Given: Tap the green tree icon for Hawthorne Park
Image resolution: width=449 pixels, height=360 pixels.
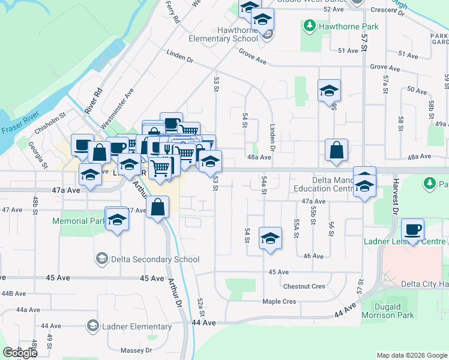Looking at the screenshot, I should point(310,26).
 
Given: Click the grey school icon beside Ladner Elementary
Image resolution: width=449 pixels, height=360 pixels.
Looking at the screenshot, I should point(92,326).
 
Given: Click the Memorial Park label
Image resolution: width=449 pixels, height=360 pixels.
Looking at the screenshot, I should point(79,221).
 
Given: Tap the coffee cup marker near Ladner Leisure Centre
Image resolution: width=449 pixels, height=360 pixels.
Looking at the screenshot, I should point(412,230).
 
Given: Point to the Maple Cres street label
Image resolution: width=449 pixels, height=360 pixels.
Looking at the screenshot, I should point(279,301).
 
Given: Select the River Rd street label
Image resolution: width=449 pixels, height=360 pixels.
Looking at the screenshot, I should point(94,101).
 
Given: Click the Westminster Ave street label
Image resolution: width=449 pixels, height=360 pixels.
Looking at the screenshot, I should point(117,109).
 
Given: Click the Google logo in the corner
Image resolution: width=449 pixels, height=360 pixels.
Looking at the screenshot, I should point(20,353).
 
